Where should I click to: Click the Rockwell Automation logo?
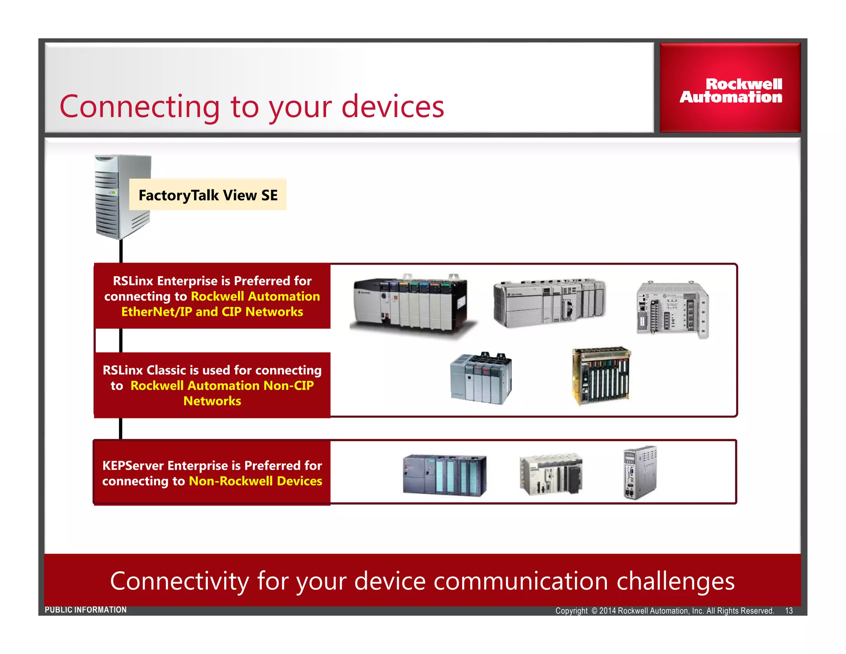point(731,91)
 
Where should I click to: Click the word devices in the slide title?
point(392,107)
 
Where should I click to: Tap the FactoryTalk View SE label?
point(208,195)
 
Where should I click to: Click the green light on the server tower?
point(113,193)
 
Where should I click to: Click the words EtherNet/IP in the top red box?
point(157,312)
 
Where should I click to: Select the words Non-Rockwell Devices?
point(255,481)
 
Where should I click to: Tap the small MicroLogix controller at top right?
point(672,309)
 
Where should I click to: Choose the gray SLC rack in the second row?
point(481,379)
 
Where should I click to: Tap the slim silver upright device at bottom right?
point(639,472)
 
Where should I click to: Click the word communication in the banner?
point(520,581)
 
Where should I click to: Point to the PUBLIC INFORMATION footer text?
point(86,610)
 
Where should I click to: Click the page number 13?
point(789,611)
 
